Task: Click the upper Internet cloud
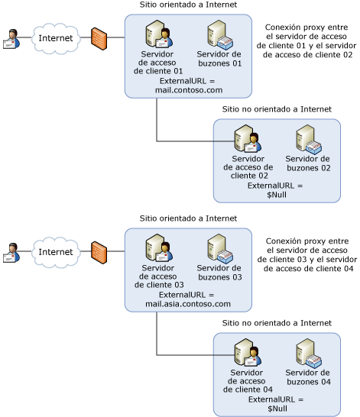click(56, 38)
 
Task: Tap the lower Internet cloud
click(56, 252)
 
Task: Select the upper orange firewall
click(99, 39)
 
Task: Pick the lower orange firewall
click(99, 253)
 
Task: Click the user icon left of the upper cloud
click(11, 39)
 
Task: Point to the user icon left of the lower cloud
click(11, 253)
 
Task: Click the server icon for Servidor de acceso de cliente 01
click(159, 34)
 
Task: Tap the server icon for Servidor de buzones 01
click(220, 35)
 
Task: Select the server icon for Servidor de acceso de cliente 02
click(248, 138)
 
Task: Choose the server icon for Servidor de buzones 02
click(309, 139)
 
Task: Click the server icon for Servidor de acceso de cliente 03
click(159, 248)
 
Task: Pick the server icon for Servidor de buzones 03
click(220, 249)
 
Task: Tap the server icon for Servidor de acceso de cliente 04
click(248, 352)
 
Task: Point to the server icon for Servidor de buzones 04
click(309, 353)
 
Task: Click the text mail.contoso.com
click(189, 90)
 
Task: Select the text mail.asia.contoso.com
click(188, 304)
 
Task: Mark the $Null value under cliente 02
click(277, 195)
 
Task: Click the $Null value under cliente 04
click(277, 409)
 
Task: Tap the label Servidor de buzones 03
click(219, 273)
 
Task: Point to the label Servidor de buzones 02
click(308, 163)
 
